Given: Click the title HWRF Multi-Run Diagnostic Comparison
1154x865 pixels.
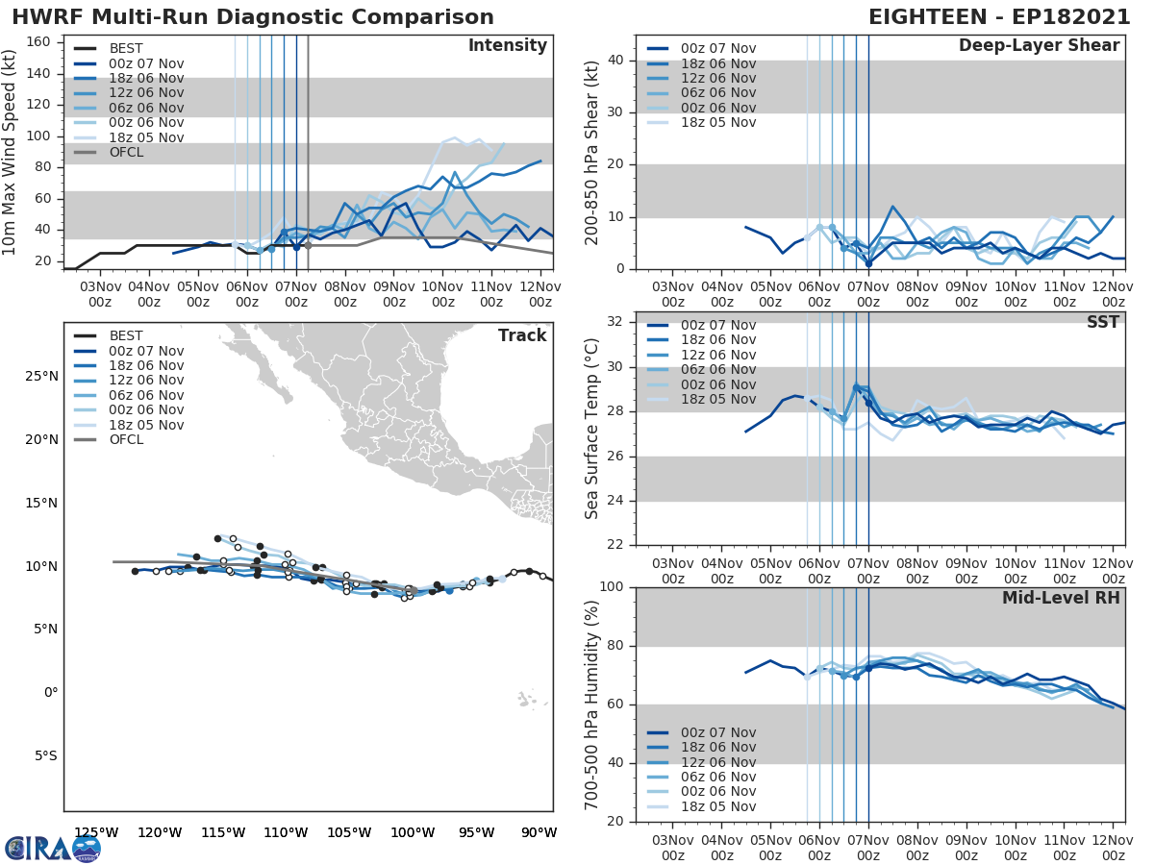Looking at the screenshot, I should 253,17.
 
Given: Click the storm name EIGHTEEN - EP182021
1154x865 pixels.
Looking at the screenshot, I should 996,17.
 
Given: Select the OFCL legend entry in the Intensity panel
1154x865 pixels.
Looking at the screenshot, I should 125,153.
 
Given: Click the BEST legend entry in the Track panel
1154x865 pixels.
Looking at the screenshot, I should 125,336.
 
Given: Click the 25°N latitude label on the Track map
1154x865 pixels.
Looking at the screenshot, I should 40,376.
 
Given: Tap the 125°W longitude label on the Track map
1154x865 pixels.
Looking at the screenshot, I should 96,832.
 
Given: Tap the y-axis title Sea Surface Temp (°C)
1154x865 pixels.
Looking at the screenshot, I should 592,429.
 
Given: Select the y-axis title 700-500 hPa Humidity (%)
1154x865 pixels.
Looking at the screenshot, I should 592,704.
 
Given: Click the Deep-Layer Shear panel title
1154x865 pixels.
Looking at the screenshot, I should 1039,46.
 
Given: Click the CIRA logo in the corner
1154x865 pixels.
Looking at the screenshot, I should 52,849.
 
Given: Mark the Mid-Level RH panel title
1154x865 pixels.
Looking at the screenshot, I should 1061,598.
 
